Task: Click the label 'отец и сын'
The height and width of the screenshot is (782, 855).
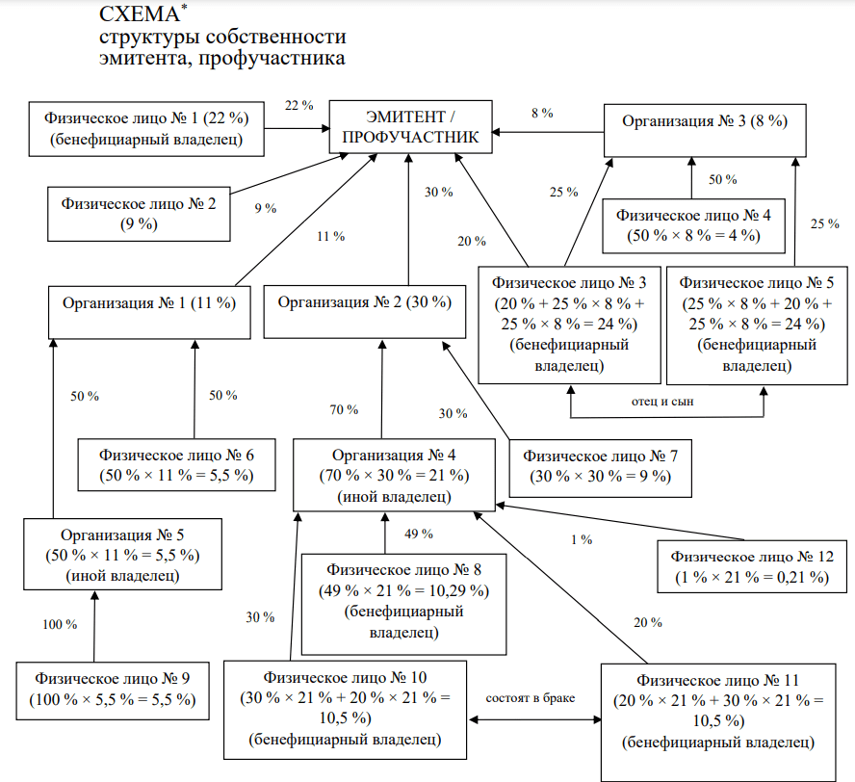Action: point(662,402)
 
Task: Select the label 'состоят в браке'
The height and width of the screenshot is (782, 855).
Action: point(530,698)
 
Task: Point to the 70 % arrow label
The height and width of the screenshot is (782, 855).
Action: point(344,409)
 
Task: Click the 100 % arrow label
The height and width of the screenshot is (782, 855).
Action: point(60,624)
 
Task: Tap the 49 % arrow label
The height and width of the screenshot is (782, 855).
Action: point(419,534)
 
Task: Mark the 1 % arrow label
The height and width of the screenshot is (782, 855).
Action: point(582,540)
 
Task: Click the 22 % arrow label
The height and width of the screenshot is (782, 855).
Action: point(298,105)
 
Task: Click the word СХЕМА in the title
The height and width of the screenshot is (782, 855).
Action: point(140,14)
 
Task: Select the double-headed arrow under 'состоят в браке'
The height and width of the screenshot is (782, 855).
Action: point(535,719)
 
